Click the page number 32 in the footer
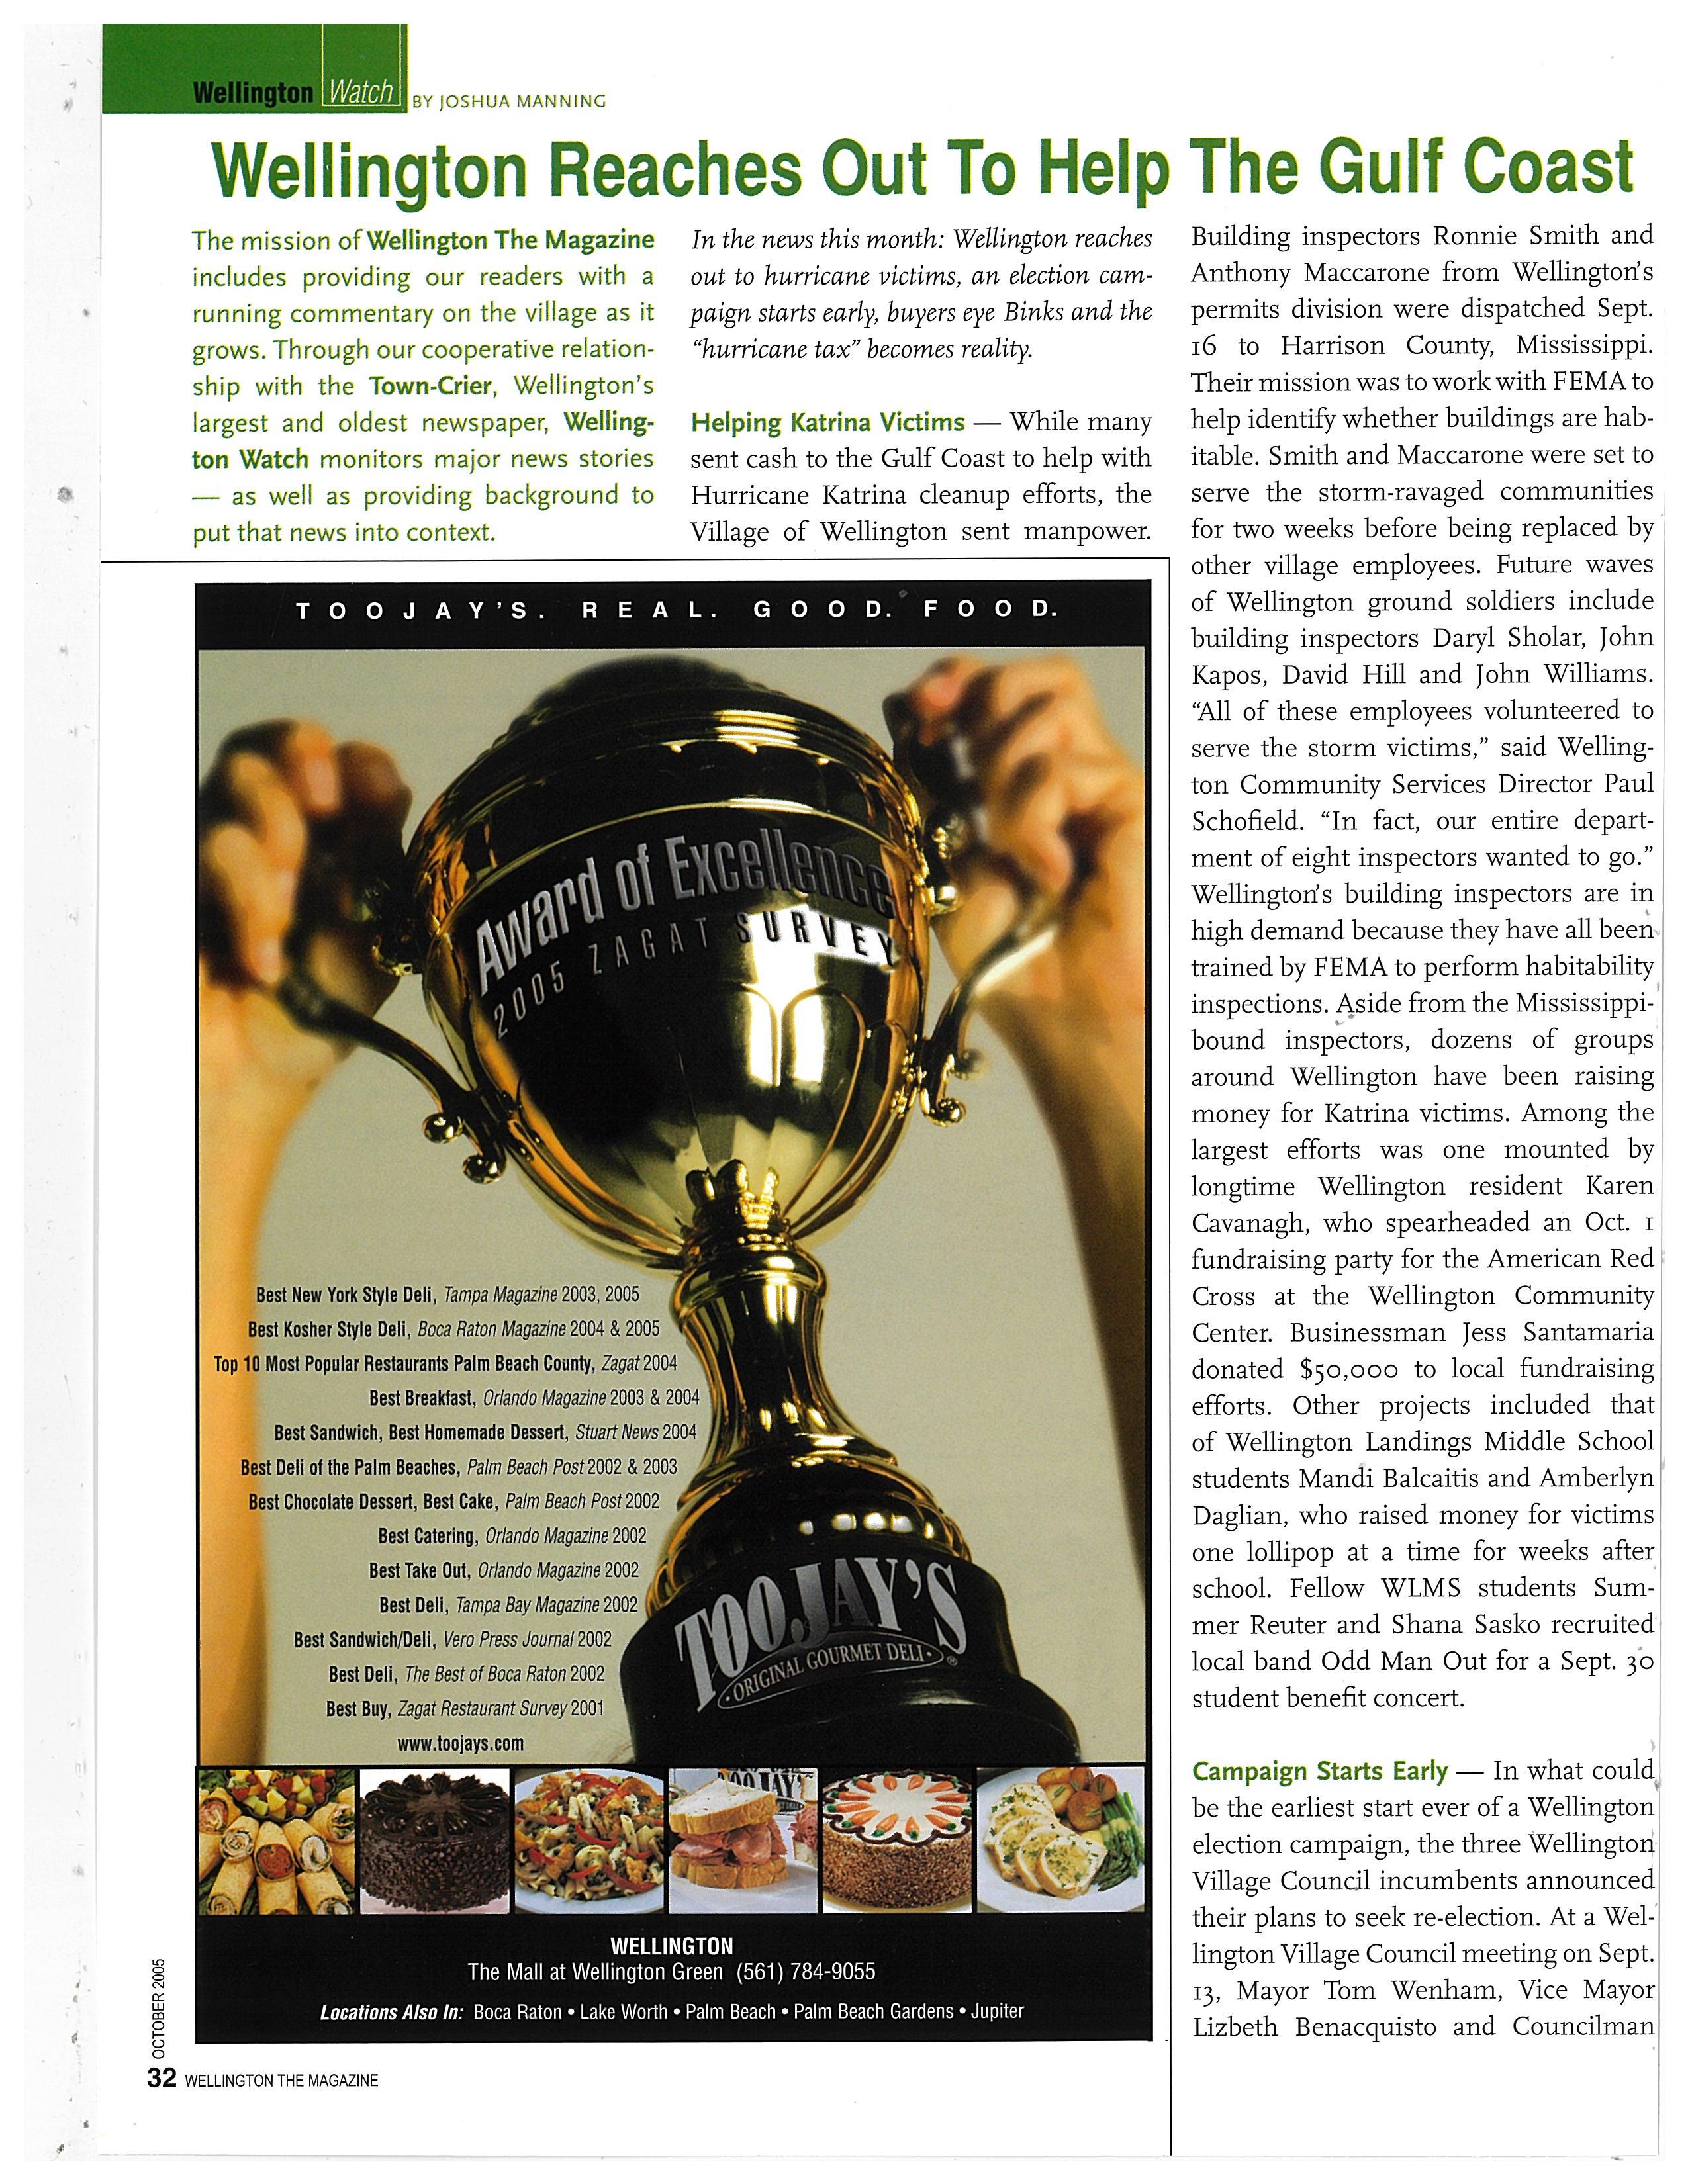[x=161, y=2078]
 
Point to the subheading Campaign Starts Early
[x=1319, y=1772]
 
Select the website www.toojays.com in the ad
[x=460, y=1743]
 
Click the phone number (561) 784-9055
[x=805, y=1972]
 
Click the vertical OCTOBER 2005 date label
[x=158, y=2005]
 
